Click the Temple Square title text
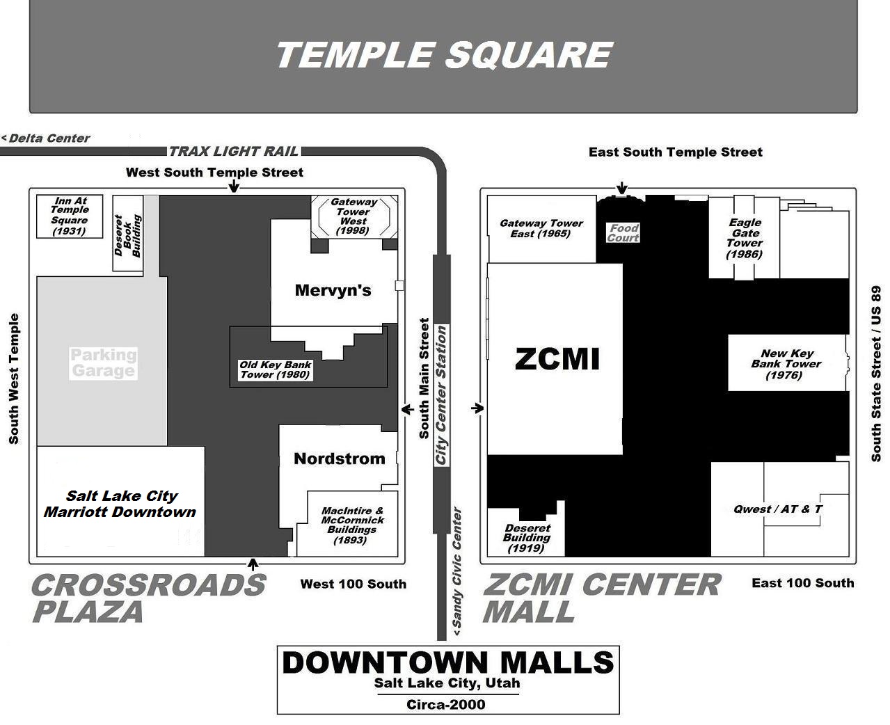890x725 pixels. pos(443,55)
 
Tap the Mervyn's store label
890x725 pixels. pos(333,290)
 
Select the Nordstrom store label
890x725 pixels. pos(339,459)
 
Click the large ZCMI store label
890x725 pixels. pos(557,359)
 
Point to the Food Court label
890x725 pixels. pos(623,233)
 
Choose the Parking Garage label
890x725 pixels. pos(103,362)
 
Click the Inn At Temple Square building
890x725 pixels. pos(70,216)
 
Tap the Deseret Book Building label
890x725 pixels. pos(127,235)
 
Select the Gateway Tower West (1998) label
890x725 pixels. pos(353,216)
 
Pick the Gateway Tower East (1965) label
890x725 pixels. pos(541,228)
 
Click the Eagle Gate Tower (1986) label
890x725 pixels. pos(745,238)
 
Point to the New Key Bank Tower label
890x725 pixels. pos(786,364)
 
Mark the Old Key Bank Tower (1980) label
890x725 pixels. pos(276,369)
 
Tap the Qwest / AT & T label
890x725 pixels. pos(778,509)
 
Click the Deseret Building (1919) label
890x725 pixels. pos(527,538)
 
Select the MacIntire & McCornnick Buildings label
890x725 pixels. pos(352,525)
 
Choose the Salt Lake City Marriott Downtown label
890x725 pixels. pos(120,504)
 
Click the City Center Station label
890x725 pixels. pos(441,395)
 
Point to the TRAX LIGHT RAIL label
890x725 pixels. pos(234,151)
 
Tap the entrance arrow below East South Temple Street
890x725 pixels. pos(622,189)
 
